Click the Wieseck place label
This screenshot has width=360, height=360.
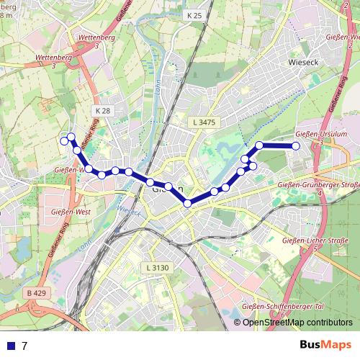click(302, 62)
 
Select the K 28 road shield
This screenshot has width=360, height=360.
click(102, 110)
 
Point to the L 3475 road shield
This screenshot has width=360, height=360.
click(204, 123)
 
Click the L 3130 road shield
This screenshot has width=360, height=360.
click(156, 268)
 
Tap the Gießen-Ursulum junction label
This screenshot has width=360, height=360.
click(322, 134)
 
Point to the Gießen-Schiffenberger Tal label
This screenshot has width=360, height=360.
click(287, 307)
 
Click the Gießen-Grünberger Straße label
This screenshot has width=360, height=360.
click(318, 186)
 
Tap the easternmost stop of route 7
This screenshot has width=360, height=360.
click(295, 146)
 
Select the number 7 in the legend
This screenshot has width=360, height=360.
click(25, 346)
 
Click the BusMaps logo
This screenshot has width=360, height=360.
click(325, 345)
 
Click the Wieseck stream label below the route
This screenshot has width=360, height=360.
click(129, 210)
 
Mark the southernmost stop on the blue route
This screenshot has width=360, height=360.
click(187, 204)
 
